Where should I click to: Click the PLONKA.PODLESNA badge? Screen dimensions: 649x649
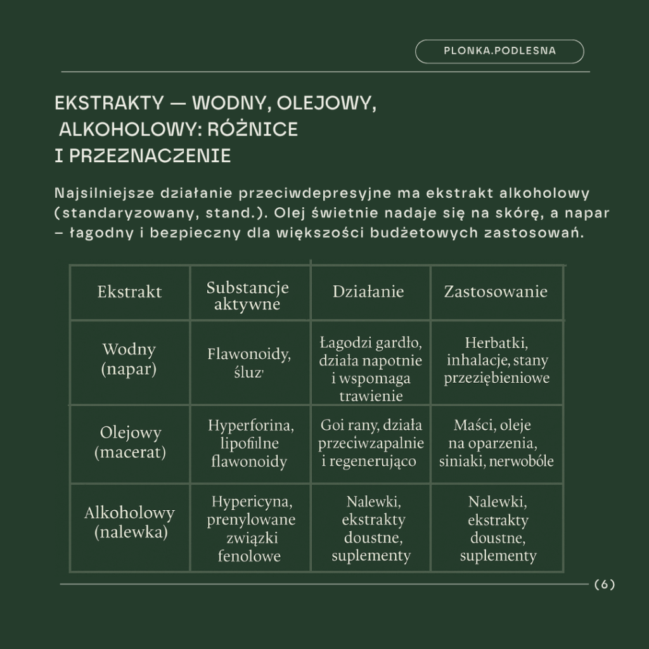click(x=499, y=51)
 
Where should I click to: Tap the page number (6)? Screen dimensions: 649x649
click(x=605, y=584)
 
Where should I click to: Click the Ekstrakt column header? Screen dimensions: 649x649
click(x=129, y=292)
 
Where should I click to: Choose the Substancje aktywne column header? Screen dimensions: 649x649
click(x=248, y=296)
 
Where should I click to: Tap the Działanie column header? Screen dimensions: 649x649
click(x=368, y=292)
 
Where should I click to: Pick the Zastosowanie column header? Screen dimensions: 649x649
click(x=496, y=292)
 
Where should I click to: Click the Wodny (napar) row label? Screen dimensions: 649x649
click(x=129, y=359)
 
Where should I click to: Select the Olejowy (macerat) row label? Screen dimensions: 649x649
click(x=130, y=443)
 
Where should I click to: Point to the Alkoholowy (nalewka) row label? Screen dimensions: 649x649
click(x=130, y=522)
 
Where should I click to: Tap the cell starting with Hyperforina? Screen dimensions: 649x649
click(x=250, y=443)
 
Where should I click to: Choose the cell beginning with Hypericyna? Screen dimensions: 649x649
click(x=250, y=529)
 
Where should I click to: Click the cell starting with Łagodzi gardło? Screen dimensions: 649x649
click(x=371, y=369)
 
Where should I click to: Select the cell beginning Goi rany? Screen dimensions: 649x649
click(x=371, y=443)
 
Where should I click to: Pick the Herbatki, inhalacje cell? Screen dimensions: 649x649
click(x=497, y=361)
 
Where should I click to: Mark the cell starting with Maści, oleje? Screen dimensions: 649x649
click(x=496, y=442)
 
